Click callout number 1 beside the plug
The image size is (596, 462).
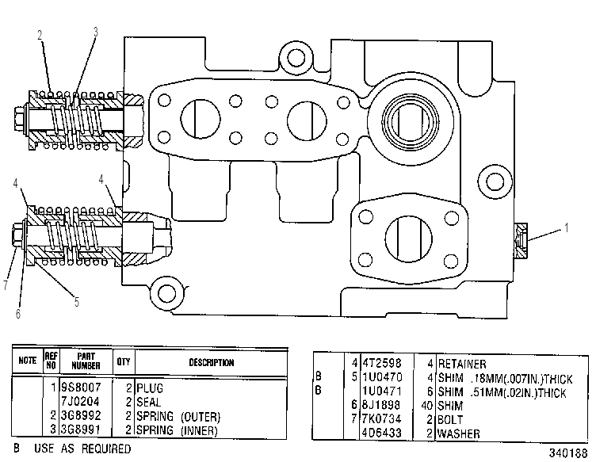coord(567,228)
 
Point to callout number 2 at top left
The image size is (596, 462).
coord(40,36)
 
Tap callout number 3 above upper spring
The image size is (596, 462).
coord(96,32)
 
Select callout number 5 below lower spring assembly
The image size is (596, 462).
coord(77,302)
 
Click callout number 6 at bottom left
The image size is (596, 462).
coord(18,314)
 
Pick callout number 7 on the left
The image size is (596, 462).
coord(6,285)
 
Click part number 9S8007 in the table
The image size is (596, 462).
coord(82,388)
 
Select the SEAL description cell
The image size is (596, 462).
coord(149,402)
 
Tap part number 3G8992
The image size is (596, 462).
coord(82,416)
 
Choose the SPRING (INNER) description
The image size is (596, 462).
coord(177,430)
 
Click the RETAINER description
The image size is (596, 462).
coord(462,364)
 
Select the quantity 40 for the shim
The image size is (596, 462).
coord(427,406)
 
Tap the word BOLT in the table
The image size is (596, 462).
coord(450,419)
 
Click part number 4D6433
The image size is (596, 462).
coord(382,433)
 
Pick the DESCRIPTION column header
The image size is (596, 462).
coord(212,362)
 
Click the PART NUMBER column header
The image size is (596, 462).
coord(86,361)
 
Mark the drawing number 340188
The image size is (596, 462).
coord(568,452)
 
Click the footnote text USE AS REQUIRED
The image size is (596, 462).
coord(82,449)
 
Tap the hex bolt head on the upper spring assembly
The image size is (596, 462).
coord(19,119)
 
